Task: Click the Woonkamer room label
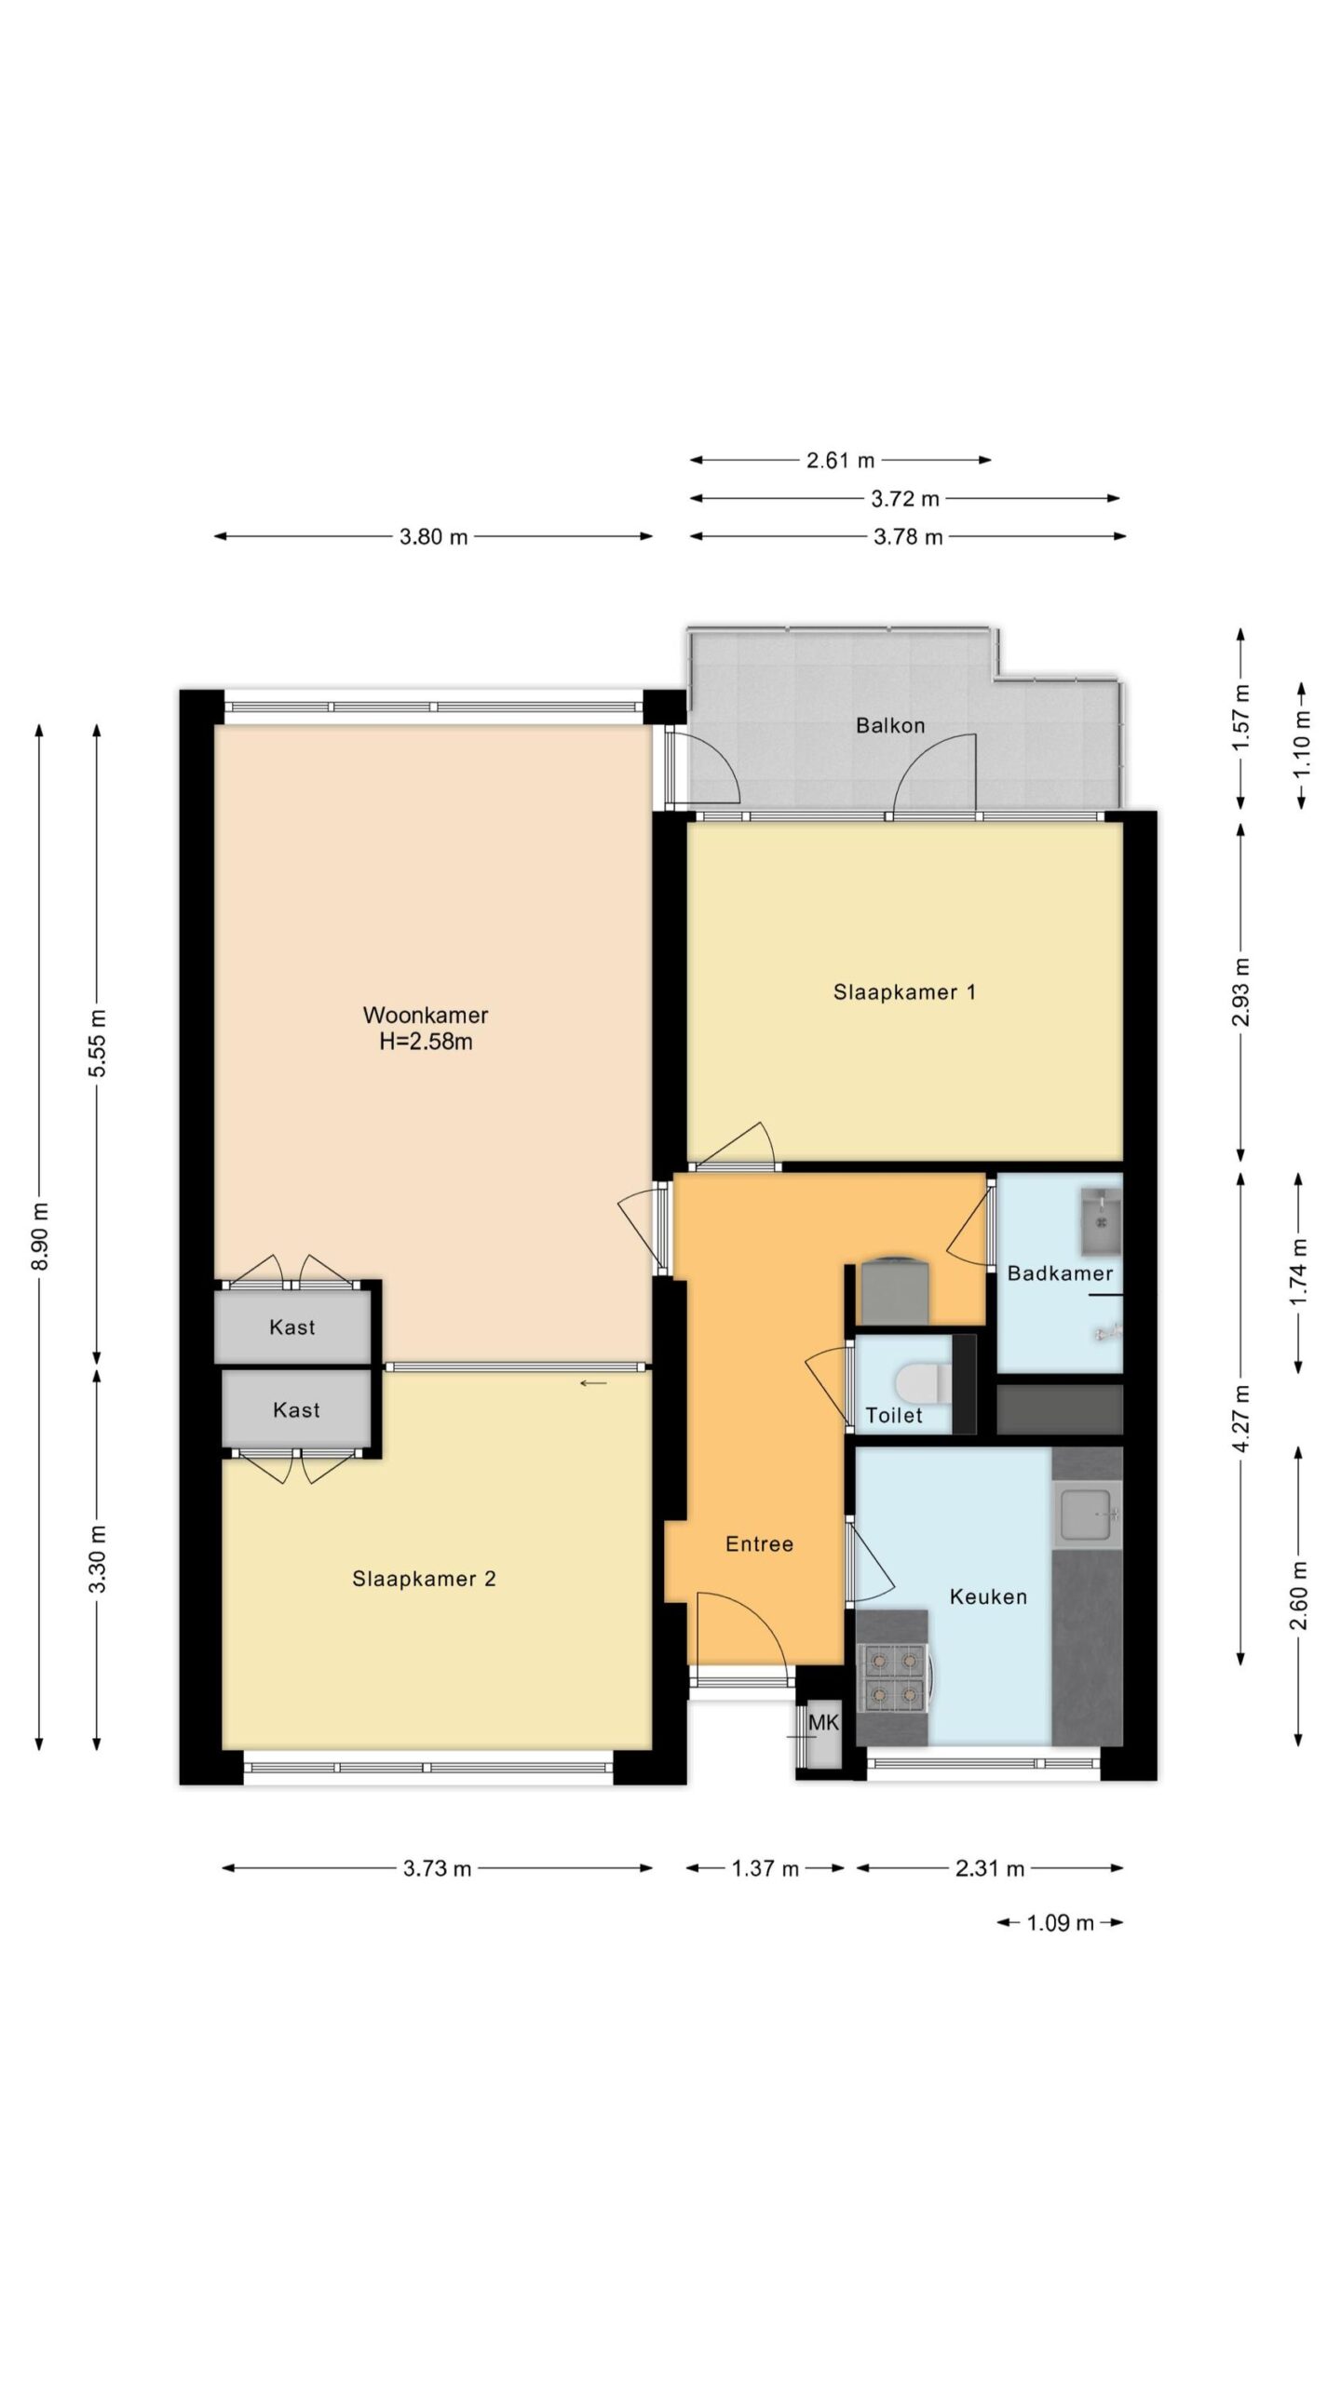426,1015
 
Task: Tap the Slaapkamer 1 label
904,992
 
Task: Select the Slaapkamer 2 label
424,1579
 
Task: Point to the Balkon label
890,725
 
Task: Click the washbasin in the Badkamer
1101,1220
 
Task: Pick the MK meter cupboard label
823,1723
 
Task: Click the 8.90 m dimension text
40,1237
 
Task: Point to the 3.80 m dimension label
434,537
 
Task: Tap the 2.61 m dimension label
841,460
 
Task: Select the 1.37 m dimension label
765,1868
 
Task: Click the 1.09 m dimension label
1061,1922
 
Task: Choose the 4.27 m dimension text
1241,1418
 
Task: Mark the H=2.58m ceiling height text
426,1042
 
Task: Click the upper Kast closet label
292,1327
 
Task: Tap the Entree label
760,1544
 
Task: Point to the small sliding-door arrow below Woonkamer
593,1383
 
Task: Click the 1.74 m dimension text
1299,1272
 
